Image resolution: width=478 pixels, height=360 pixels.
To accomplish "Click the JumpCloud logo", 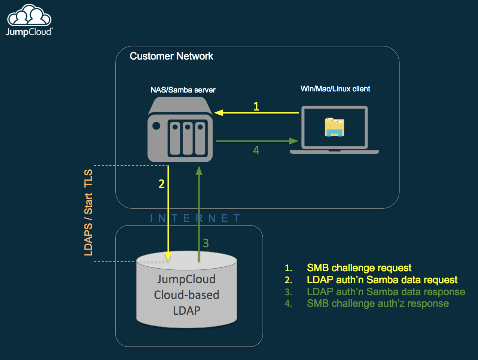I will (x=29, y=21).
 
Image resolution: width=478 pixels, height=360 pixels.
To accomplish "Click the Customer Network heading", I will (x=171, y=56).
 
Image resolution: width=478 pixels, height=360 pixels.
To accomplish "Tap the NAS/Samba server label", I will (x=183, y=90).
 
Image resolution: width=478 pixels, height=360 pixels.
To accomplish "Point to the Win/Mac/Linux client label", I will (x=335, y=89).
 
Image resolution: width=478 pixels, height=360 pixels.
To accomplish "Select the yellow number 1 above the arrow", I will (x=256, y=106).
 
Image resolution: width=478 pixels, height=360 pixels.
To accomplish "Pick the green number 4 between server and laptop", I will (x=256, y=150).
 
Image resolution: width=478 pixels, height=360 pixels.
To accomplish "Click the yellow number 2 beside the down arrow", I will (x=162, y=184).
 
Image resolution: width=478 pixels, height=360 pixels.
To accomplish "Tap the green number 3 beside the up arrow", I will (x=206, y=243).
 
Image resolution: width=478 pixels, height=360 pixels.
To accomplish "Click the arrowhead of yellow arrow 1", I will (x=218, y=112).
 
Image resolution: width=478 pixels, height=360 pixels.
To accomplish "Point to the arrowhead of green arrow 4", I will (x=294, y=141).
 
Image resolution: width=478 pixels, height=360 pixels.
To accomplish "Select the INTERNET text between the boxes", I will (x=195, y=218).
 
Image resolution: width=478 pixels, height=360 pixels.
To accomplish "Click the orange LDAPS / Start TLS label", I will (x=88, y=212).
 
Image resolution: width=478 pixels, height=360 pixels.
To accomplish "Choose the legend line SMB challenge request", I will (x=359, y=268).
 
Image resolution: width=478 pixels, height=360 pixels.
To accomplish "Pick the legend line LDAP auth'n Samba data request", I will (x=382, y=280).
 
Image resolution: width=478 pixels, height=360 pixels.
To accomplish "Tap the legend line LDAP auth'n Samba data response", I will (x=386, y=292).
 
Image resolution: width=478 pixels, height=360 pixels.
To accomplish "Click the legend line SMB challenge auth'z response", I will (x=377, y=303).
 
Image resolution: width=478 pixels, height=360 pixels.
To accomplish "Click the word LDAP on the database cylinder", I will (x=186, y=311).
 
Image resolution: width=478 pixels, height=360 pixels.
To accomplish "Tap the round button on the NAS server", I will (x=156, y=125).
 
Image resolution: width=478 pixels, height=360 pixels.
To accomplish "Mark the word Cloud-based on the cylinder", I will (x=186, y=295).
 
